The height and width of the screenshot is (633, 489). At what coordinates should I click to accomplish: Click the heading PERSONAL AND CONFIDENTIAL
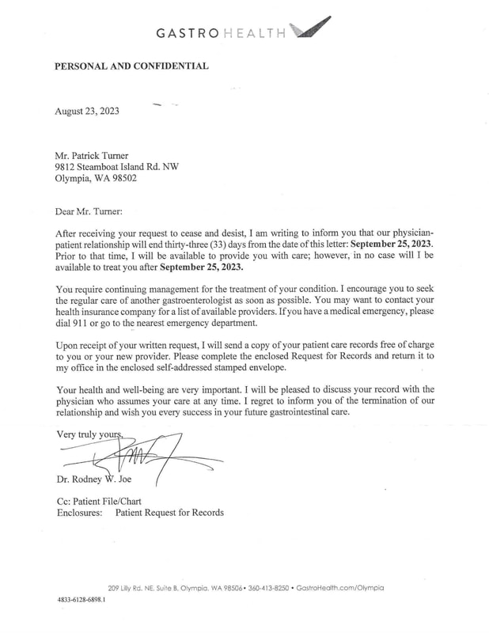tap(131, 66)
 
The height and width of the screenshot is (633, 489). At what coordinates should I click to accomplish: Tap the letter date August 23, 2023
tap(87, 111)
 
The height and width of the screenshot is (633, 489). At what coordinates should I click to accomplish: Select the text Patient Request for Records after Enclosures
tap(169, 513)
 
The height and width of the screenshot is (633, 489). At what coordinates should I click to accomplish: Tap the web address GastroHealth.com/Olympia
tap(343, 587)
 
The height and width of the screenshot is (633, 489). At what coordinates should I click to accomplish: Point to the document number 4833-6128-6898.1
tap(81, 601)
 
